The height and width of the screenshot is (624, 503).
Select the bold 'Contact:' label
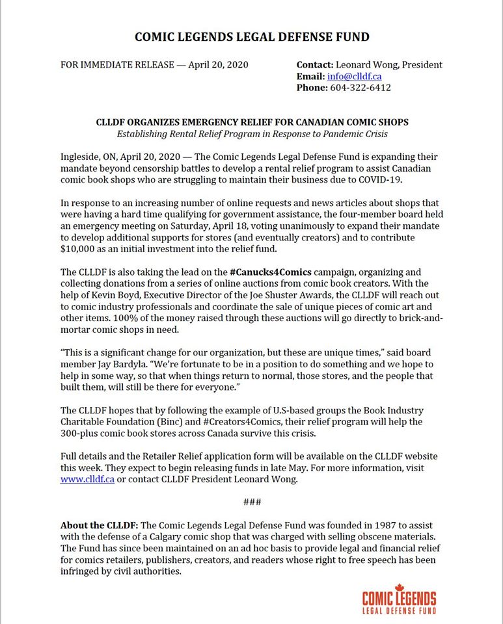coord(315,65)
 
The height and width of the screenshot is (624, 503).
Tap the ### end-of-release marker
coord(251,502)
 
